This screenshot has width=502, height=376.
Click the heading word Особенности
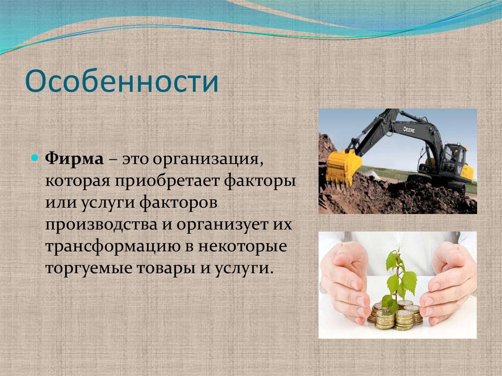[122, 82]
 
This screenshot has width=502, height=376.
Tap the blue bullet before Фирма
[34, 158]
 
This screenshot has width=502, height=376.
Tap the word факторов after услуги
[185, 203]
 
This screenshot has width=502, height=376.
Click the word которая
[78, 181]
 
